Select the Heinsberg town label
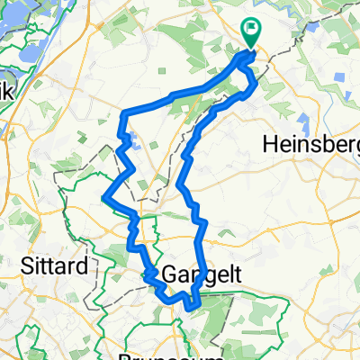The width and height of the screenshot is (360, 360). (309, 144)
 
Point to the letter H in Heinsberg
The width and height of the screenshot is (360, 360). (267, 144)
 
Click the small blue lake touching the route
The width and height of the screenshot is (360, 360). (133, 140)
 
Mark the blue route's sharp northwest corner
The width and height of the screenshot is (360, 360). (122, 112)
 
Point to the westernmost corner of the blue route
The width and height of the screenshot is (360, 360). (105, 197)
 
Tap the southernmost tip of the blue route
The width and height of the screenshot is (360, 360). (191, 308)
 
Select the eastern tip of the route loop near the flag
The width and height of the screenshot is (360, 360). (257, 85)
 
